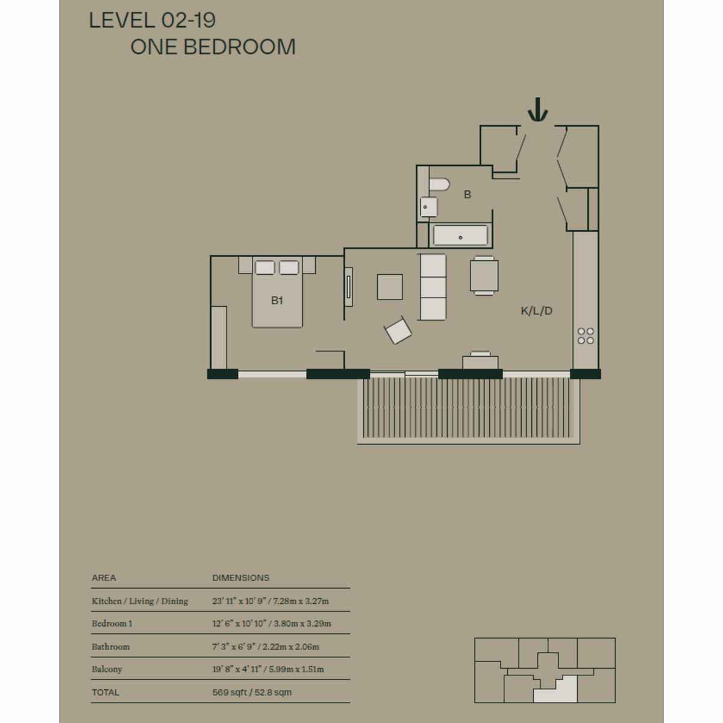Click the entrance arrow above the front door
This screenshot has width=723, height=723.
pyautogui.click(x=537, y=110)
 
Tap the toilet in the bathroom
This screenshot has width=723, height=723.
pyautogui.click(x=439, y=184)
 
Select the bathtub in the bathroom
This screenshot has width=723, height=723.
pyautogui.click(x=460, y=235)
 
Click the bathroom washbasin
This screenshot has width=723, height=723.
pyautogui.click(x=428, y=207)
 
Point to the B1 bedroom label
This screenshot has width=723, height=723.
pyautogui.click(x=277, y=301)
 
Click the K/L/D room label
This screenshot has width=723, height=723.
pyautogui.click(x=537, y=311)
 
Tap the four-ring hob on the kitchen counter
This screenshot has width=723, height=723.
pyautogui.click(x=586, y=336)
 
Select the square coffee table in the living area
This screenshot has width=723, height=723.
pyautogui.click(x=390, y=287)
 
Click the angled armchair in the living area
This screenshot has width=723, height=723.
pyautogui.click(x=398, y=331)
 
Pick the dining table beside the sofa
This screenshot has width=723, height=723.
pyautogui.click(x=484, y=276)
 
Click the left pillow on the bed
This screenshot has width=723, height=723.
pyautogui.click(x=265, y=268)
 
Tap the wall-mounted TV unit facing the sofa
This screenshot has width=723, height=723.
pyautogui.click(x=349, y=287)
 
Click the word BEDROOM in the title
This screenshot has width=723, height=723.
pyautogui.click(x=239, y=47)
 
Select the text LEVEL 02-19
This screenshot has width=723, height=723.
pyautogui.click(x=152, y=20)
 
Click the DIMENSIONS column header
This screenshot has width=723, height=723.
pyautogui.click(x=241, y=578)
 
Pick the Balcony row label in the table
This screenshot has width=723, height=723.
pyautogui.click(x=107, y=669)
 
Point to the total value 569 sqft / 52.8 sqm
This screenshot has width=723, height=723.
pyautogui.click(x=252, y=692)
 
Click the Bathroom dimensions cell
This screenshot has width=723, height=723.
pyautogui.click(x=266, y=646)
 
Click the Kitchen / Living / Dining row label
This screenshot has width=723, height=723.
pyautogui.click(x=140, y=601)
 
